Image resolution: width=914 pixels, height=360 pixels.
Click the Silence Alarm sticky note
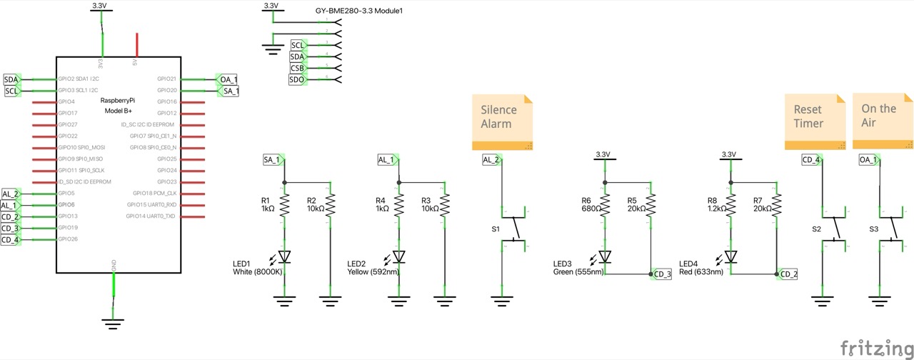[503, 122]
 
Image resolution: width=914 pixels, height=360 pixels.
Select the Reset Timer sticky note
[814, 122]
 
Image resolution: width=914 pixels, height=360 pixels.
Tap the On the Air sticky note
[883, 122]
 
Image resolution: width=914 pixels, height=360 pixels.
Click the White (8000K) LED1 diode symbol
[284, 256]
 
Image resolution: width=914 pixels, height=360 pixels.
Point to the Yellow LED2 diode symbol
[398, 256]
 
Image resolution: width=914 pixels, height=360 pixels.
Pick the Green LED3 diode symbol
[605, 256]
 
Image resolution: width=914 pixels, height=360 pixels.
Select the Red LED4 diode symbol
[730, 256]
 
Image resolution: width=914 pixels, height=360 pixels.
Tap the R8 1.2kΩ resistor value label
[716, 209]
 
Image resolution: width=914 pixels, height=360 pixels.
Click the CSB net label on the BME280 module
[297, 69]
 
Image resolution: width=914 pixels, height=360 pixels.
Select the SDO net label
[297, 80]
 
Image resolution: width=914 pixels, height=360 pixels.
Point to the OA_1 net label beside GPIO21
[228, 79]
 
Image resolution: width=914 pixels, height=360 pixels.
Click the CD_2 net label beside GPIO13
[10, 216]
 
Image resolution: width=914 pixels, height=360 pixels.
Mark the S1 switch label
[496, 229]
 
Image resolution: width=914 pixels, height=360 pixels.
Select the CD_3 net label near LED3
[661, 274]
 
